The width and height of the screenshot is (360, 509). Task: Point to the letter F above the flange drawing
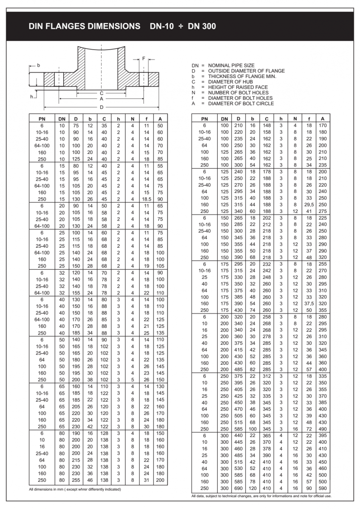pos(144,58)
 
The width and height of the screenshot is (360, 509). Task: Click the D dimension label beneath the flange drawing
pos(101,107)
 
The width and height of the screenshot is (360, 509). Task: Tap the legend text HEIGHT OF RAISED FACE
pos(238,87)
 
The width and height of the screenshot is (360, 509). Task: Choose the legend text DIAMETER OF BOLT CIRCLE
pos(241,103)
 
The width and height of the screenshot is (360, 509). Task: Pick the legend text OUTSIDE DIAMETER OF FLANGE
pos(246,71)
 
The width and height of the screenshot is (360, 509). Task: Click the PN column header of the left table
pos(42,119)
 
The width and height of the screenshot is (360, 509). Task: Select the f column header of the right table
pos(309,119)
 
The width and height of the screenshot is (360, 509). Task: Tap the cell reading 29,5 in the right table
pos(309,204)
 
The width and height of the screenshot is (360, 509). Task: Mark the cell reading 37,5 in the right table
pos(309,303)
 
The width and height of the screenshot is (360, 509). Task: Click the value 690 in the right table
pos(239,488)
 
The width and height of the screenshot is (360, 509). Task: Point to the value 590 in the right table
pos(323,488)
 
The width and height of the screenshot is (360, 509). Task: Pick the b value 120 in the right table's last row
pos(253,488)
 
